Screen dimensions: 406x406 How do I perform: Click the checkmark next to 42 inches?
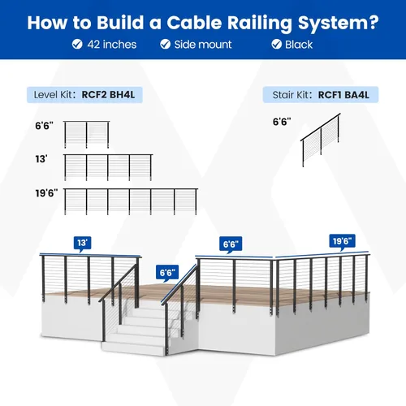(77, 44)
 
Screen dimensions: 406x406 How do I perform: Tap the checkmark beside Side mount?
(165, 44)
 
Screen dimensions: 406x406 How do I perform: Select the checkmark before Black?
(277, 44)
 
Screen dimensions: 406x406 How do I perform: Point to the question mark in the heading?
(374, 22)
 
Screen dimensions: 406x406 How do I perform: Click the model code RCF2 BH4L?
(108, 95)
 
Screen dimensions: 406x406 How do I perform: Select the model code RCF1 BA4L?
(343, 95)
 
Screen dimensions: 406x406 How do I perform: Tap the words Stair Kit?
(291, 95)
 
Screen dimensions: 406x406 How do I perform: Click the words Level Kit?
(53, 95)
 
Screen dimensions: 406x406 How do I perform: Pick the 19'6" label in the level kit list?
(46, 193)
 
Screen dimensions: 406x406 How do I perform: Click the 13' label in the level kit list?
(41, 159)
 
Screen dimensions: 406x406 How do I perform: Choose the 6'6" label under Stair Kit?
(282, 122)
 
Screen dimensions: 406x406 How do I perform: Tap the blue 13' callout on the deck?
(82, 243)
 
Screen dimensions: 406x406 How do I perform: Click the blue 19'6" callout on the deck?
(342, 241)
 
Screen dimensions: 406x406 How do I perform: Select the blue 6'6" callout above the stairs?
(167, 272)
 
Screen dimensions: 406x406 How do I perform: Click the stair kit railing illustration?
(321, 140)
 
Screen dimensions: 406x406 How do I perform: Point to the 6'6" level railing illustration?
(87, 135)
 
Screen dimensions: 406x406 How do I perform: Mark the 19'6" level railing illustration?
(131, 201)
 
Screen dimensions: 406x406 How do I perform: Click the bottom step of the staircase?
(133, 348)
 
